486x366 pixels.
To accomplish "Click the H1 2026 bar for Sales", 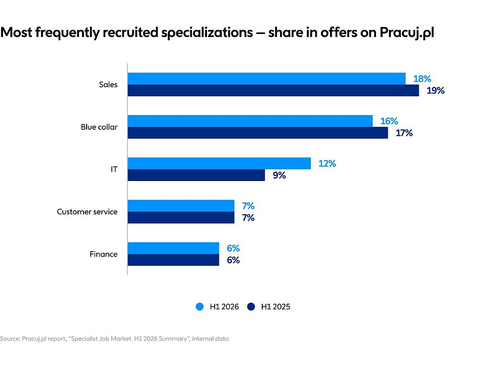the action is pos(267,79).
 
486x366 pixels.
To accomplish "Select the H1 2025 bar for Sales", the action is pos(273,90).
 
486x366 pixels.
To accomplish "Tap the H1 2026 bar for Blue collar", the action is pos(250,121).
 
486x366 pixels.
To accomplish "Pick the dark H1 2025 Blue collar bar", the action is pos(258,133).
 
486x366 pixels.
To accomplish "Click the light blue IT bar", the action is pos(219,163).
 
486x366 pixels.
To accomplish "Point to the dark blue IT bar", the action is pos(196,175).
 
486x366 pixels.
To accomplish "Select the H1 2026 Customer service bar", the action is pos(181,206).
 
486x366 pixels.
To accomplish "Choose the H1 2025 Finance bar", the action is pos(173,260).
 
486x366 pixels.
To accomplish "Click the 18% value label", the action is pos(422,79).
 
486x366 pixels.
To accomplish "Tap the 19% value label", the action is pos(435,91).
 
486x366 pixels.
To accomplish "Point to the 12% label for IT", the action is pos(328,164).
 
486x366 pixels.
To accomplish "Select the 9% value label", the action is pos(279,175).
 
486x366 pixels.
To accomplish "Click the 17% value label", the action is pos(404,133).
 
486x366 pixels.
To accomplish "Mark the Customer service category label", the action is pos(87,212).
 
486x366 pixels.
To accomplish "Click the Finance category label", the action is pos(103,254).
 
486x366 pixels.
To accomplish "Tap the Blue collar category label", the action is pos(99,127).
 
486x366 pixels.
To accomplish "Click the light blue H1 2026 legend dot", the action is pos(200,307).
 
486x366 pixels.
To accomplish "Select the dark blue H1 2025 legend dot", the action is pos(251,307).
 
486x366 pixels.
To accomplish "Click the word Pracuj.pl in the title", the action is pos(407,32).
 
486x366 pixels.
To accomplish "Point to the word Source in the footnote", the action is pos(10,339).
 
